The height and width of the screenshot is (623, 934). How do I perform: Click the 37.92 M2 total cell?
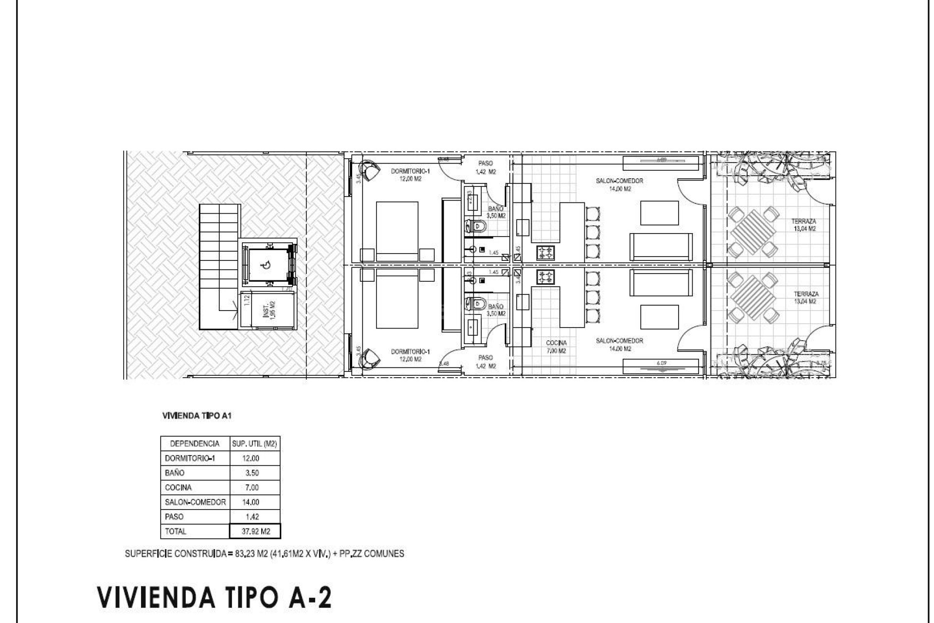point(255,531)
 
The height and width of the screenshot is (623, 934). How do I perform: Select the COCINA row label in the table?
point(179,487)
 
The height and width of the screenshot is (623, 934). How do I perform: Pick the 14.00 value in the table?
point(251,502)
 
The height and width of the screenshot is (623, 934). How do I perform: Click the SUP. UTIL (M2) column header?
point(254,443)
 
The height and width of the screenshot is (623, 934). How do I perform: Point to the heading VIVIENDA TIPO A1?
point(197,416)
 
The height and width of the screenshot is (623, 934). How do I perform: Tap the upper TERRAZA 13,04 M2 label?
point(804,225)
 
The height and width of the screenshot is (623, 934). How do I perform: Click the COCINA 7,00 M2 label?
point(556,347)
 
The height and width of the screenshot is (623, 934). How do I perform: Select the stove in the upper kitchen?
point(545,252)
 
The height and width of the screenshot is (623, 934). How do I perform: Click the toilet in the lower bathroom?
point(477,304)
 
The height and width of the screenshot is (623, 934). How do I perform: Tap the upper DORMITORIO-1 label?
point(411,175)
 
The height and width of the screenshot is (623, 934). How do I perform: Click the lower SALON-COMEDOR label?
point(619,345)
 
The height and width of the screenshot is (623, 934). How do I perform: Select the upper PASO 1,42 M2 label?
point(485,167)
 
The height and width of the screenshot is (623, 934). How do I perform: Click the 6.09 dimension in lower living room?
point(661,363)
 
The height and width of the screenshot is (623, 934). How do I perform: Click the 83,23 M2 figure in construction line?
point(249,553)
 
